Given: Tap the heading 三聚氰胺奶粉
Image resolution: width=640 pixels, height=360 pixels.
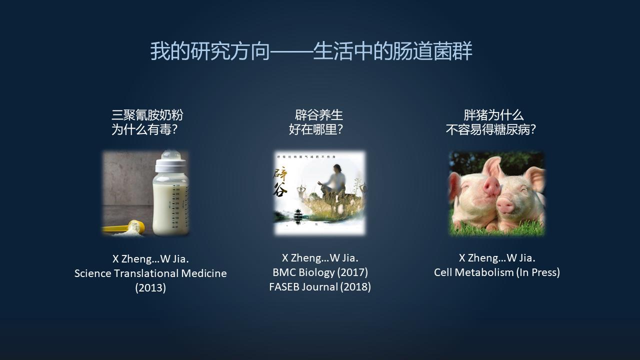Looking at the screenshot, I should click(147, 115).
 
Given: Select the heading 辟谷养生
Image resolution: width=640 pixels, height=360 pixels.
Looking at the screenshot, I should click(319, 115).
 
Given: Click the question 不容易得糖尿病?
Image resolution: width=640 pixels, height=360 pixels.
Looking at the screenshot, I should click(490, 130).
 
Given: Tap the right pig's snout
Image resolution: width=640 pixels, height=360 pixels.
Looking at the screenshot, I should click(506, 204).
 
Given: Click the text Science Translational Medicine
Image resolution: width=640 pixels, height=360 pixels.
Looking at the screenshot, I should click(150, 273).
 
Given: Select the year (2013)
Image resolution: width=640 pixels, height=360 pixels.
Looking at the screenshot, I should click(150, 288).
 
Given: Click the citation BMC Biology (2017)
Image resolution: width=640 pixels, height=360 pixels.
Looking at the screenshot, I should click(320, 272).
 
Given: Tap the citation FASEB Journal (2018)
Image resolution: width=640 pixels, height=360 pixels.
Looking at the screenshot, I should click(320, 287).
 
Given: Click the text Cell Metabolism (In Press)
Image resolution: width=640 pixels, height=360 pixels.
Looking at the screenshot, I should click(496, 272).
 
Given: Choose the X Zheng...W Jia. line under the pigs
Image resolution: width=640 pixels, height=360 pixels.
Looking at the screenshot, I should click(496, 258).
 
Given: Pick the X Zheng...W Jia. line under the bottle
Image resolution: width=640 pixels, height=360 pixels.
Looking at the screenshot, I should click(150, 259).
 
